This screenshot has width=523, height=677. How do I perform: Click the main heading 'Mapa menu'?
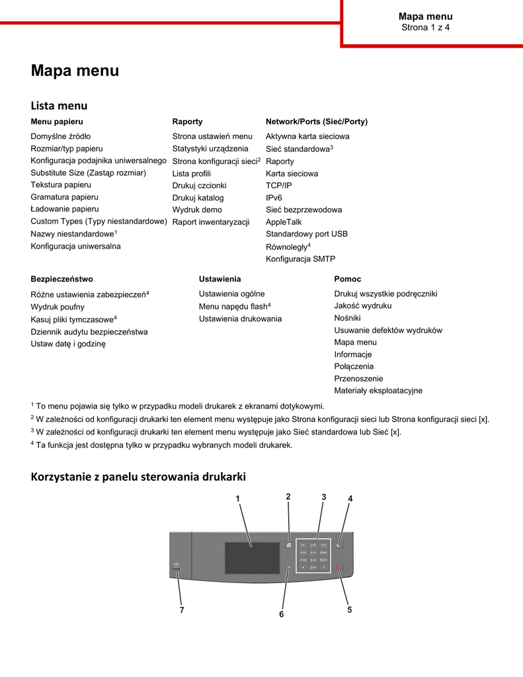pos(75,71)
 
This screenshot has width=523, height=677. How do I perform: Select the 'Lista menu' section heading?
pos(59,106)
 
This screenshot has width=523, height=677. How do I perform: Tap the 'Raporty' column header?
pos(187,122)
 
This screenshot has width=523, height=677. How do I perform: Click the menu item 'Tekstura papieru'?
pos(61,184)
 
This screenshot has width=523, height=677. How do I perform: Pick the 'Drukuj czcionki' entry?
pos(199,186)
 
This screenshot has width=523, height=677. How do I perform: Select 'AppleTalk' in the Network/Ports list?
pos(284,222)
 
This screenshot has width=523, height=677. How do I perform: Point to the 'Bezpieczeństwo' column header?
pos(61,279)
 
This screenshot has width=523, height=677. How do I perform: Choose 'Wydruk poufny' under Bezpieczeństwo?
pos(58,307)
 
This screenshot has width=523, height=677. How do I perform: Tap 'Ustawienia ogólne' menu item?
pos(231,294)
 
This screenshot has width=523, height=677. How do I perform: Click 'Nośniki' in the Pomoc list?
pos(347,318)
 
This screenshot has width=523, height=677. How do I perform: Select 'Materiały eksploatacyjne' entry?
pos(378,391)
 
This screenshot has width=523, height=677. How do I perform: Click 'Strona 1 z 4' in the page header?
pos(425,28)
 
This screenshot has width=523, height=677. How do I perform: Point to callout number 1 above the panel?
pos(237,498)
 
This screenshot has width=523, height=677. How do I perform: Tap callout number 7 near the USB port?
pos(182,610)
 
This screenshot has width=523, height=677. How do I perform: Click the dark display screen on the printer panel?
pos(252,557)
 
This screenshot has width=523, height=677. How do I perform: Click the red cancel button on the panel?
pos(339,567)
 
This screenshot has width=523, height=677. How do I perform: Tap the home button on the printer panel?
pos(289,545)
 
